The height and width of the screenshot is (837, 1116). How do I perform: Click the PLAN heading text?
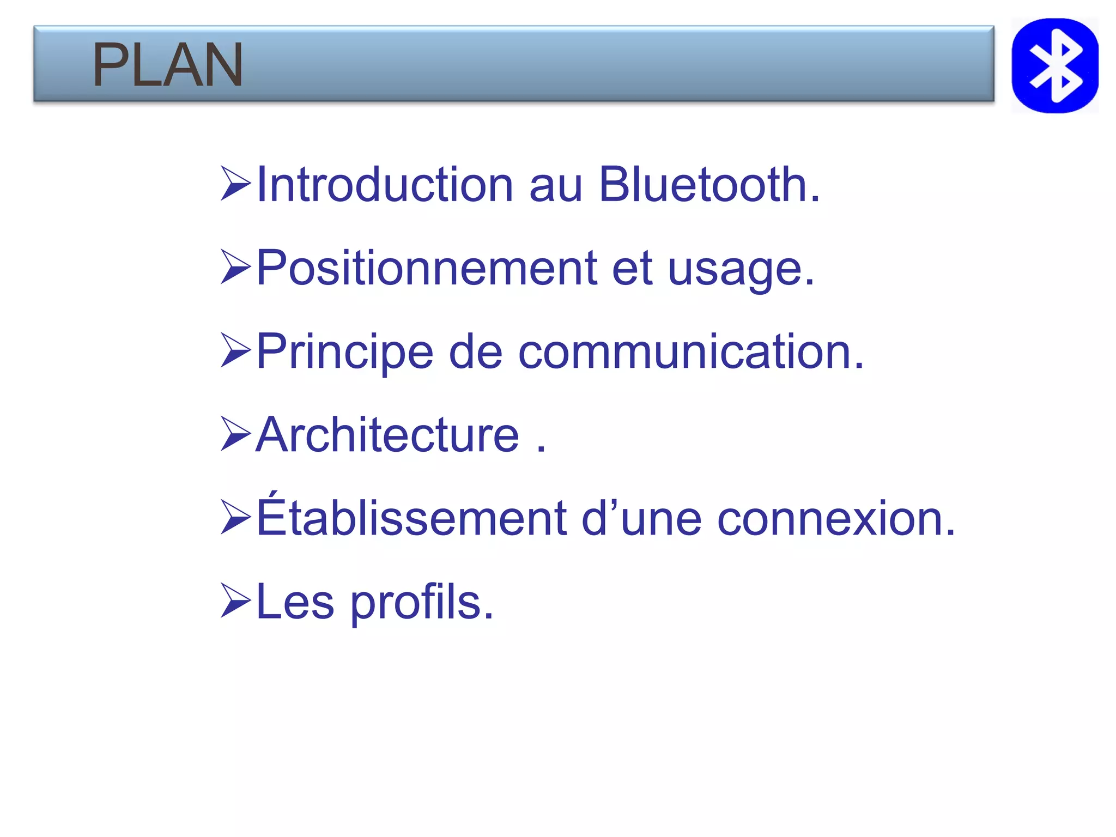click(167, 65)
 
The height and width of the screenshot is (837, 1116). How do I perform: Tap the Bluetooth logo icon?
click(1054, 65)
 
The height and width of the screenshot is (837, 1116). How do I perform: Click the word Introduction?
click(385, 185)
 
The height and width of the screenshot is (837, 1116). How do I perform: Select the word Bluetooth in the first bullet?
click(708, 185)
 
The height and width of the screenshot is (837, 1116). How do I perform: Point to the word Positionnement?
click(427, 268)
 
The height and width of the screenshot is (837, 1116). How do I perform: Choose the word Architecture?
click(387, 435)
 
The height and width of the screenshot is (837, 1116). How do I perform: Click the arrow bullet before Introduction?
click(235, 184)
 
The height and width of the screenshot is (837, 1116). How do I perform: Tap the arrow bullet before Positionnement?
click(235, 267)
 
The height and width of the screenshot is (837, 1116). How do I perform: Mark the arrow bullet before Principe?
click(235, 350)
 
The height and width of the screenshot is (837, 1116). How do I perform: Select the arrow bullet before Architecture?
click(235, 434)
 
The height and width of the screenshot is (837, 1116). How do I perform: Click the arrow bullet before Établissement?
click(235, 517)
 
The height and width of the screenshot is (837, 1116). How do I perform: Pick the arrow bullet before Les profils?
click(235, 601)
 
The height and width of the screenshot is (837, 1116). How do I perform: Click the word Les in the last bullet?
click(295, 602)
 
